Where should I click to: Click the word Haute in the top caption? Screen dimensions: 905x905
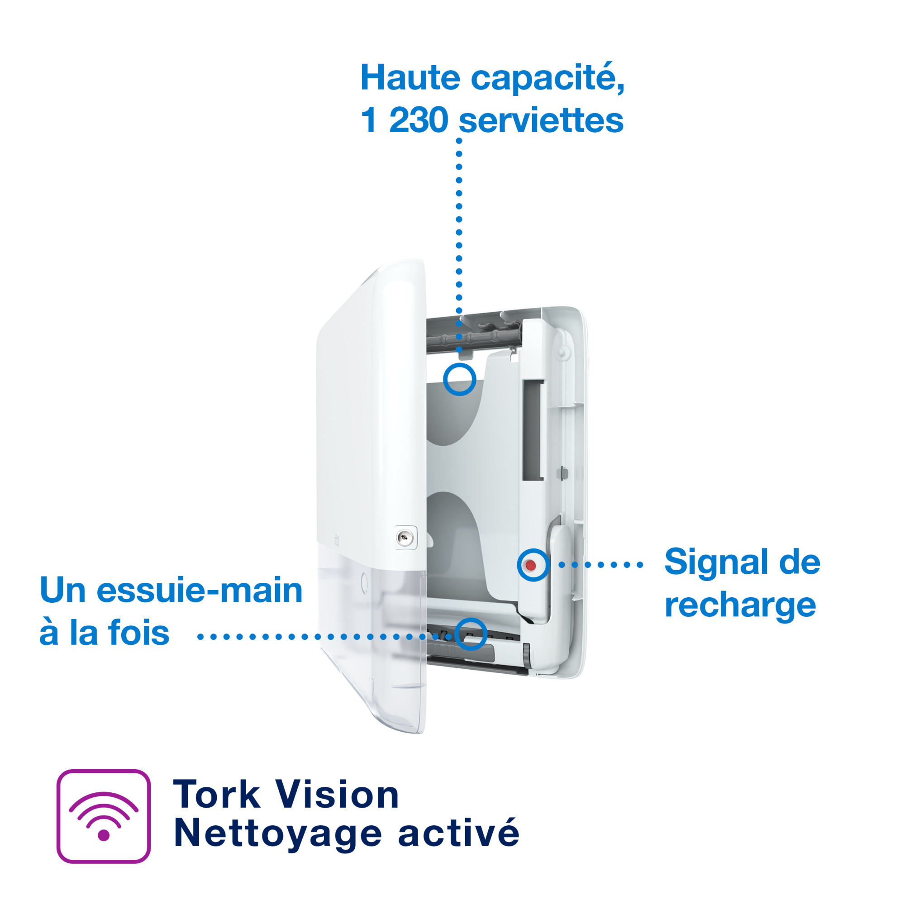pos(410,78)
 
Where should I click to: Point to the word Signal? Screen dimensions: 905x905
pos(716,562)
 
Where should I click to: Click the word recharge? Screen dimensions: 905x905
pos(740,606)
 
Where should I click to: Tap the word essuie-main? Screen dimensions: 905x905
pos(199,591)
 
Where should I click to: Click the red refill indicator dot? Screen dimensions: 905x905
pos(531,565)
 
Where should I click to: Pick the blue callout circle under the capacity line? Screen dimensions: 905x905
pos(460,380)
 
